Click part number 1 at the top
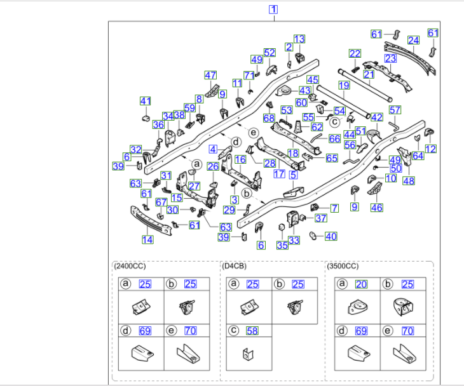coord(273,10)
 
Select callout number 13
coord(299,39)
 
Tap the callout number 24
coord(413,40)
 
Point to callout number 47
coord(210,75)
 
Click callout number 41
coord(146,101)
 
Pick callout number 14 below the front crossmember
coord(147,240)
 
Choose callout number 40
coord(331,236)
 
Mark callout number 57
coord(395,110)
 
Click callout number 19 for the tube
coord(344,86)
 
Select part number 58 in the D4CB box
coord(252,331)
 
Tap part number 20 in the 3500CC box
coord(361,284)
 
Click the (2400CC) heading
coord(130,266)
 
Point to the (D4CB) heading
coord(234,266)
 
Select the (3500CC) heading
coord(343,266)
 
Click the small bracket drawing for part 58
coord(248,354)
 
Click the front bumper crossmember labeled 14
coord(151,221)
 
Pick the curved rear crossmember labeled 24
coord(410,58)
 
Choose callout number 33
coord(294,240)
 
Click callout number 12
coord(430,149)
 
